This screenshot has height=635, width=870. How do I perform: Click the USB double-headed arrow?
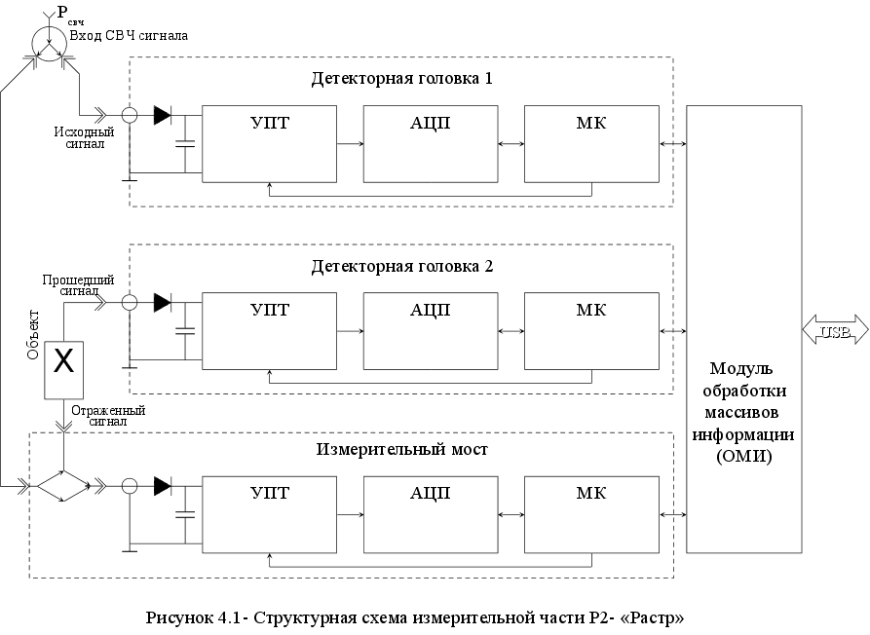click(x=835, y=331)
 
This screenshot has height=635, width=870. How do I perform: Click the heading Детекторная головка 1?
click(x=401, y=78)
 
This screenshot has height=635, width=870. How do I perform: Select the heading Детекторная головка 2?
click(x=401, y=266)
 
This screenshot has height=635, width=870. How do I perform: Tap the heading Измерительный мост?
click(x=401, y=450)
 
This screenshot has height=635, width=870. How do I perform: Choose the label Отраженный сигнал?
click(x=107, y=416)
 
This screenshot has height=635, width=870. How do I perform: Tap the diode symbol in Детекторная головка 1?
click(x=162, y=115)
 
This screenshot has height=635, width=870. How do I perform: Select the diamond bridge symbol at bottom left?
click(x=61, y=485)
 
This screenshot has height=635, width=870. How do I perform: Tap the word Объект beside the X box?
click(x=32, y=335)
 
